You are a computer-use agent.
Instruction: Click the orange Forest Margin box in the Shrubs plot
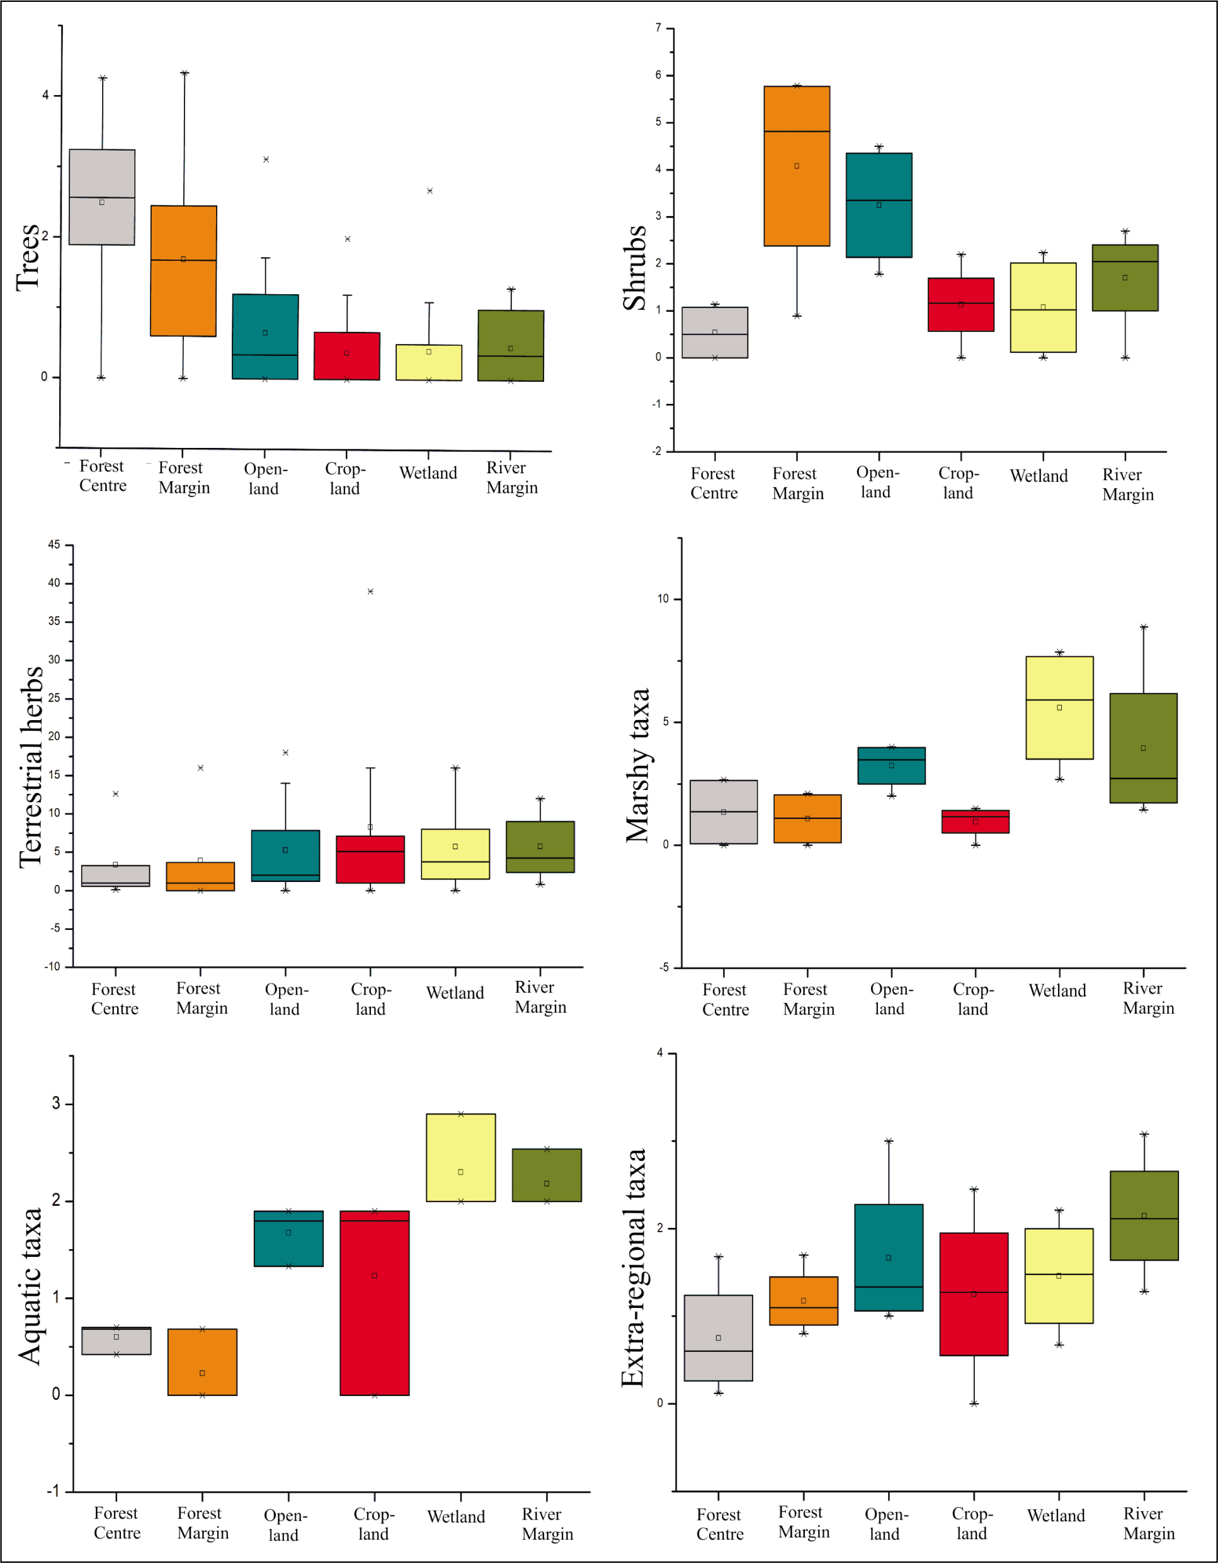click(x=797, y=166)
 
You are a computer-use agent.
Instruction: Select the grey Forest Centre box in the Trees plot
click(x=101, y=197)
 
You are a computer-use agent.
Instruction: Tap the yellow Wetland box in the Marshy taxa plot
click(x=1059, y=707)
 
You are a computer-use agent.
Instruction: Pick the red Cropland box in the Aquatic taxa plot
click(x=374, y=1303)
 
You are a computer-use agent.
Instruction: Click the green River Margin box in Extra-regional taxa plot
click(x=1144, y=1215)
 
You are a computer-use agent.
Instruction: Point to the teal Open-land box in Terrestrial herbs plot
click(x=285, y=856)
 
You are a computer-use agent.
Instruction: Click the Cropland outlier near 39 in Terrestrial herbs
click(x=370, y=591)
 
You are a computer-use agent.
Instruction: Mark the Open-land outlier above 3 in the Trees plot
click(x=266, y=159)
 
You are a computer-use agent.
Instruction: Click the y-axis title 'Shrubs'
click(x=635, y=268)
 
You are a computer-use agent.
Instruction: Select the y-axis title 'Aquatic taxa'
click(x=30, y=1286)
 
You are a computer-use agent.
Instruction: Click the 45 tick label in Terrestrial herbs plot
click(x=54, y=544)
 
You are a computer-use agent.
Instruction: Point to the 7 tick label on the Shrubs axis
click(x=657, y=28)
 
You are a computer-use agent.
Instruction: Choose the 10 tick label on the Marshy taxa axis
click(x=663, y=598)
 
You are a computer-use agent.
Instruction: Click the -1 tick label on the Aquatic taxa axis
click(x=54, y=1491)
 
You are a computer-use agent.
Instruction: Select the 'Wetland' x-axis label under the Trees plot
click(x=428, y=473)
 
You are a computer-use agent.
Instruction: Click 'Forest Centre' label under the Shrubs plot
click(x=714, y=483)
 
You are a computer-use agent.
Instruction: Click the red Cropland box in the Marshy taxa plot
click(x=975, y=822)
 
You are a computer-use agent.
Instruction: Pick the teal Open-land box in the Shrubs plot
click(x=879, y=205)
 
